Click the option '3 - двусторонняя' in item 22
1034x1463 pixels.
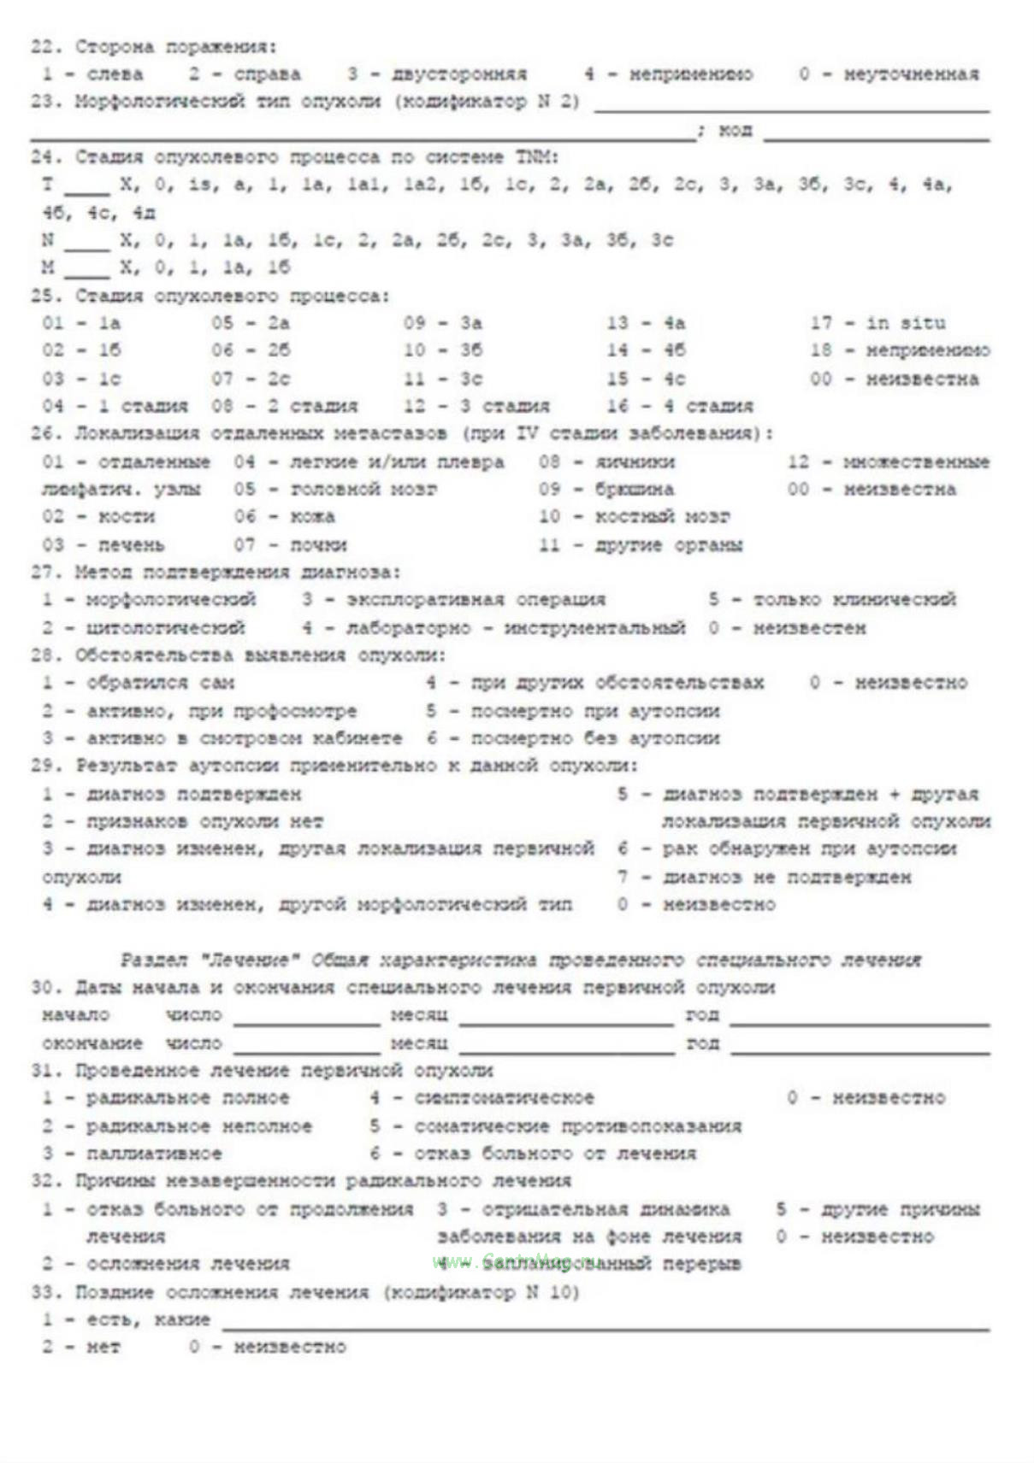[437, 74]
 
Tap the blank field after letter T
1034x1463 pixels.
[86, 185]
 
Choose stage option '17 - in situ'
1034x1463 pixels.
[877, 323]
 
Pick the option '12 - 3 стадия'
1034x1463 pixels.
[476, 406]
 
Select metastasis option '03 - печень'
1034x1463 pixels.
[103, 545]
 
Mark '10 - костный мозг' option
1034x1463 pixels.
[634, 517]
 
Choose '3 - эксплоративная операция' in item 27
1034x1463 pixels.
[453, 600]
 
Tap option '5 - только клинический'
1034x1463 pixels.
[831, 600]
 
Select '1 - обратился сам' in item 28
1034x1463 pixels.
[139, 683]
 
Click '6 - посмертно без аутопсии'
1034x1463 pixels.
[573, 738]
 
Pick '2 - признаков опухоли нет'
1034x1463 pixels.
[183, 822]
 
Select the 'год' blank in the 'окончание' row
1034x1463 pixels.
[859, 1045]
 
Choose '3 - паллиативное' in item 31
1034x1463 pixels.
[133, 1154]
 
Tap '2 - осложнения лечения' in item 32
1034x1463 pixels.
[166, 1264]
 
